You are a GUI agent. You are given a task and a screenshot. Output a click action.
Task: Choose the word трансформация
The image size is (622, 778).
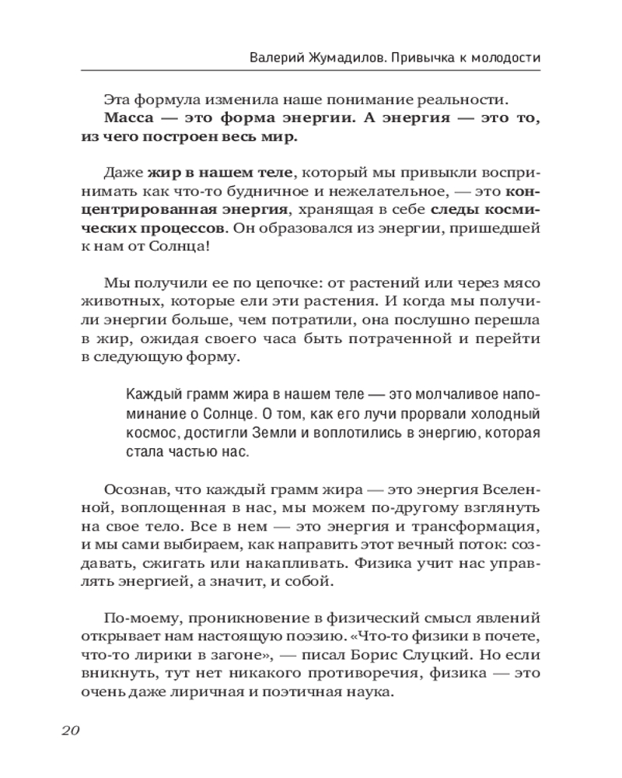pyautogui.click(x=466, y=525)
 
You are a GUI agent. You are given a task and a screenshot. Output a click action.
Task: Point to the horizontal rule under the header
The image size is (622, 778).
pyautogui.click(x=311, y=71)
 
